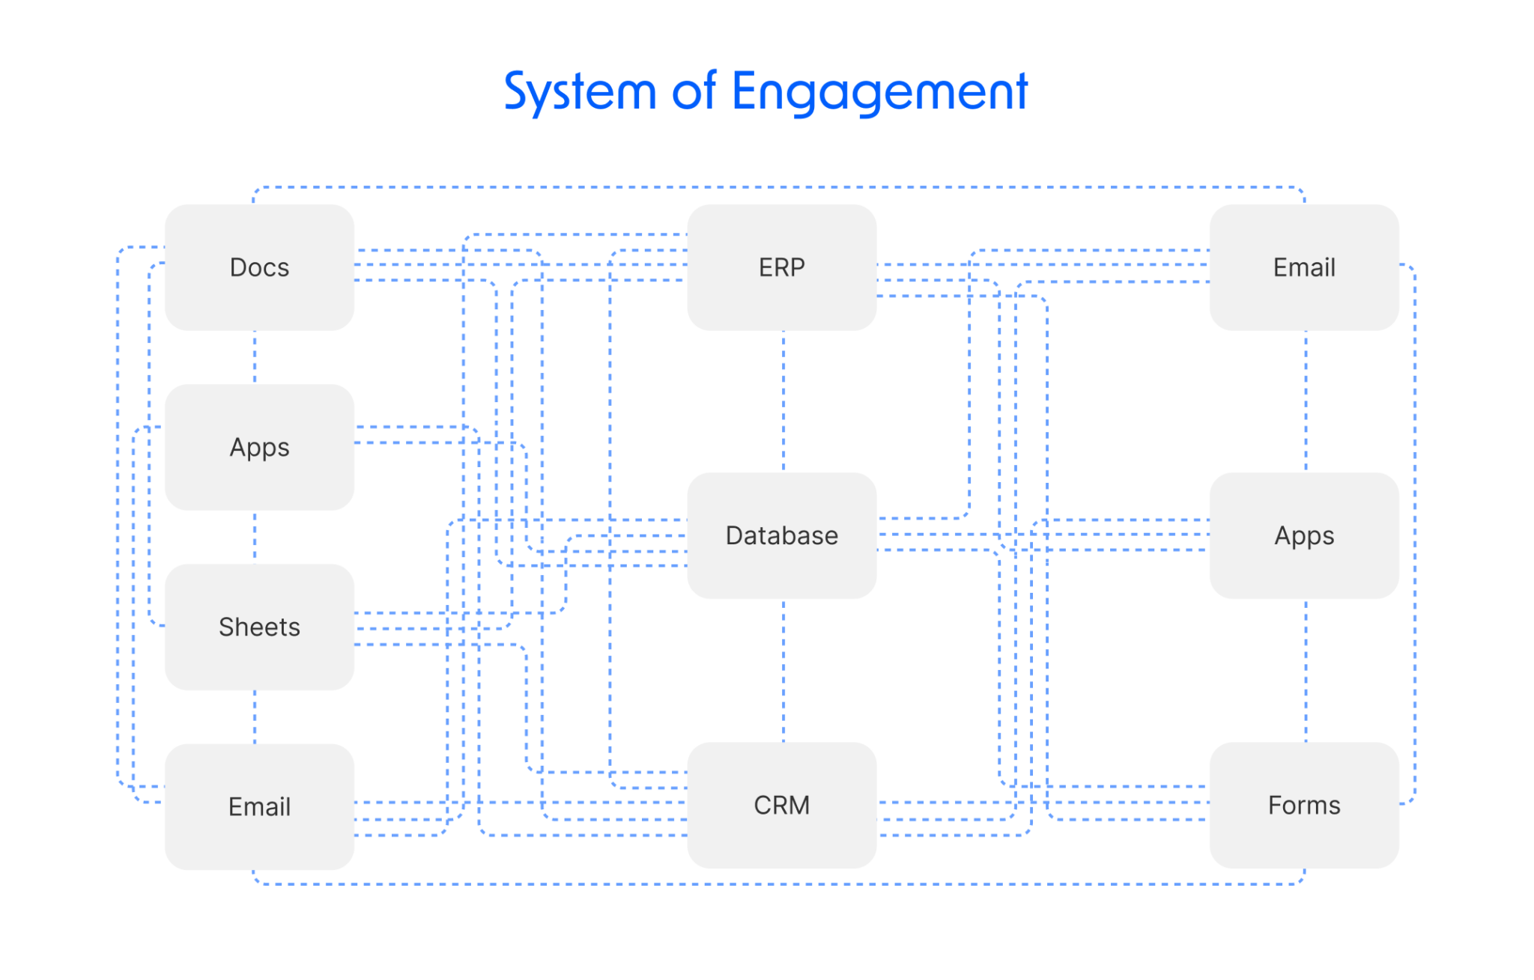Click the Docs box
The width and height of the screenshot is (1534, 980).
tap(259, 267)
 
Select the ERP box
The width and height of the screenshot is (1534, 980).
tap(781, 267)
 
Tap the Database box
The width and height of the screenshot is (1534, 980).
tap(781, 535)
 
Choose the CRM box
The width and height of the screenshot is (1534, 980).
tap(781, 805)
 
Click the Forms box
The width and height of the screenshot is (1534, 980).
tap(1303, 805)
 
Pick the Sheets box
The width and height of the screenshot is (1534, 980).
tap(259, 627)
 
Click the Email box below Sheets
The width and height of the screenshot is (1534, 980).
tap(259, 806)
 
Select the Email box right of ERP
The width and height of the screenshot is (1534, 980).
tap(1303, 267)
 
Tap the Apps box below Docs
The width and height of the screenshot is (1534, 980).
tap(259, 447)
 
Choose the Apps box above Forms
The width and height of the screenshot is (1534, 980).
tap(1303, 535)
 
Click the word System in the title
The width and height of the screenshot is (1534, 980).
tap(580, 92)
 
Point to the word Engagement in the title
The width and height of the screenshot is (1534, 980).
tap(879, 92)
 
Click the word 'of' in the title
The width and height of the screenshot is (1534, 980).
tap(694, 92)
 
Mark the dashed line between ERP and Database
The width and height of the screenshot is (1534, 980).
tap(783, 401)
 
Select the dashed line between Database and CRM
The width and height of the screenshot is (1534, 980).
tap(783, 670)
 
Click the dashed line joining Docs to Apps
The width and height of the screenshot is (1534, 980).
tap(255, 357)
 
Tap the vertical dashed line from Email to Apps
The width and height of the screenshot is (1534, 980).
tap(1306, 401)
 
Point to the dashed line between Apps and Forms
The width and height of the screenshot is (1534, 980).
tap(1306, 670)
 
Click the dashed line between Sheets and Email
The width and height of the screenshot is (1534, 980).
tap(255, 716)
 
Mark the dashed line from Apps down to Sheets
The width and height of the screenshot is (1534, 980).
tap(255, 537)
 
